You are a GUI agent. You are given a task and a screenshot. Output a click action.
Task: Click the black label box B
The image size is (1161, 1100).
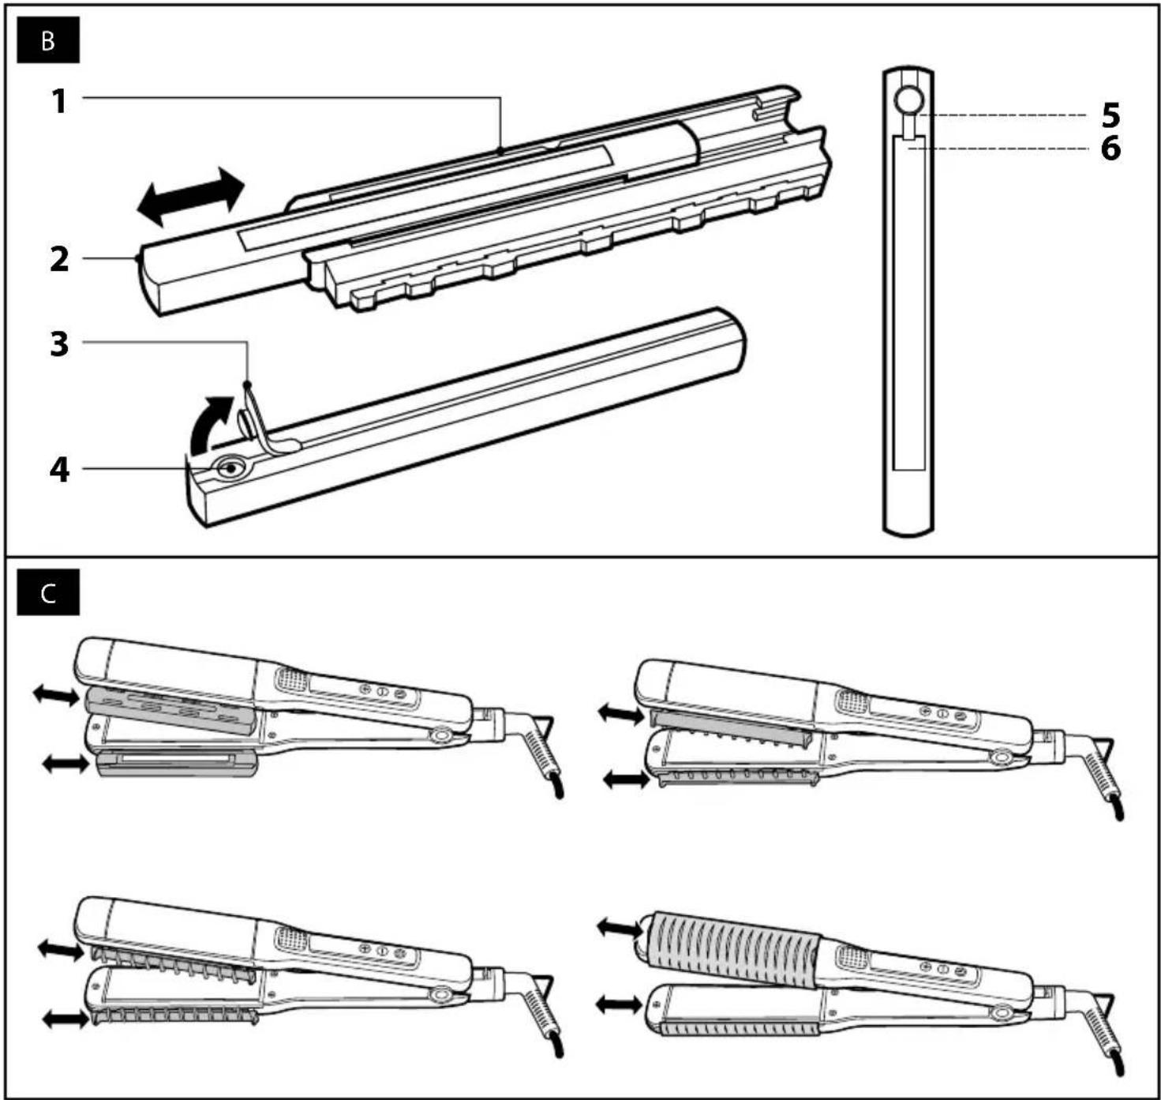pyautogui.click(x=48, y=41)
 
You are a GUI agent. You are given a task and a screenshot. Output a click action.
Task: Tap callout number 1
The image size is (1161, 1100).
pyautogui.click(x=59, y=101)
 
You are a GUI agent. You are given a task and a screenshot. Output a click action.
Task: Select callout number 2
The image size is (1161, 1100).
pyautogui.click(x=59, y=260)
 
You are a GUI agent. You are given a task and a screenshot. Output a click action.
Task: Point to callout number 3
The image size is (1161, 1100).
pyautogui.click(x=59, y=344)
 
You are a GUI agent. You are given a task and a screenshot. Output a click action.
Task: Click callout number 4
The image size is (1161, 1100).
pyautogui.click(x=59, y=471)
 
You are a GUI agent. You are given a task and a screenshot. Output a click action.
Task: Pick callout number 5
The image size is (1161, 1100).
pyautogui.click(x=1110, y=116)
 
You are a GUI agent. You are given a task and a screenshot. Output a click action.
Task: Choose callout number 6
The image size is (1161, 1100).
pyautogui.click(x=1110, y=148)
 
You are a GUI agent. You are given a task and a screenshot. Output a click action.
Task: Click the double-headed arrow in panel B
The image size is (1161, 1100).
pyautogui.click(x=190, y=197)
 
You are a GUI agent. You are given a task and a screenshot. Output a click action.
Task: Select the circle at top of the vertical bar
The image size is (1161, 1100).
pyautogui.click(x=908, y=99)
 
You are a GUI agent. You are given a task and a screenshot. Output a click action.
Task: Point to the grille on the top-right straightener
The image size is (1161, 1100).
pyautogui.click(x=852, y=701)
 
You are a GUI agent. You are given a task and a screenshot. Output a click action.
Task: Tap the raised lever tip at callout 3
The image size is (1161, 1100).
pyautogui.click(x=248, y=385)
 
